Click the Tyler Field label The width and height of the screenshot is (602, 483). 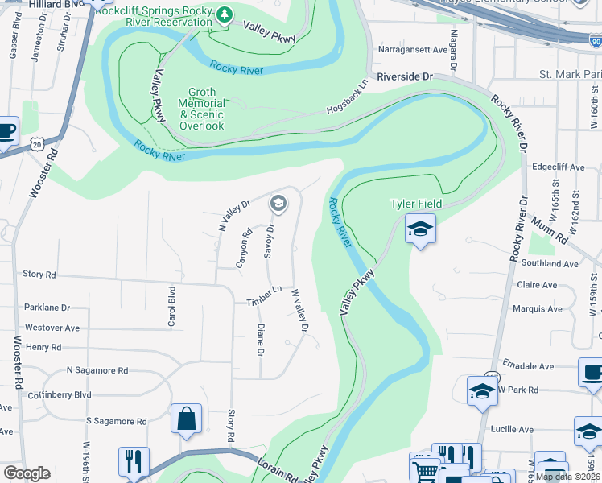pyautogui.click(x=416, y=204)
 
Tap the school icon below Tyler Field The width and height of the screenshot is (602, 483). pyautogui.click(x=420, y=230)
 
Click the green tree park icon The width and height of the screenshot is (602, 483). pyautogui.click(x=225, y=14)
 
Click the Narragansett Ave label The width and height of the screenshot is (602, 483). pyautogui.click(x=412, y=50)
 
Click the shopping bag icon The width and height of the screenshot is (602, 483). pyautogui.click(x=186, y=419)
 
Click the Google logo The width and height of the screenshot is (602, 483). pyautogui.click(x=27, y=473)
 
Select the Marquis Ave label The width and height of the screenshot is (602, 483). pyautogui.click(x=538, y=309)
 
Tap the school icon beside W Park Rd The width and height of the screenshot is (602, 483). pyautogui.click(x=482, y=391)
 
